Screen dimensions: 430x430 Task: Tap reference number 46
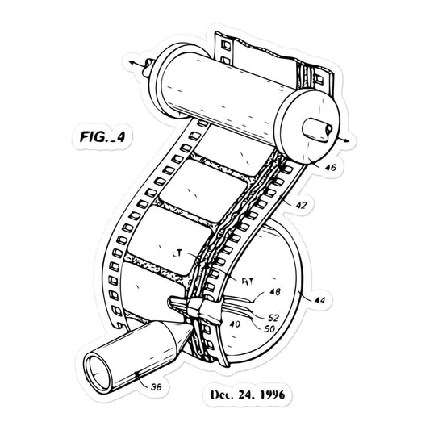pos(329,168)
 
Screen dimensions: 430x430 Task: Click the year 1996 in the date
pos(271,395)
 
